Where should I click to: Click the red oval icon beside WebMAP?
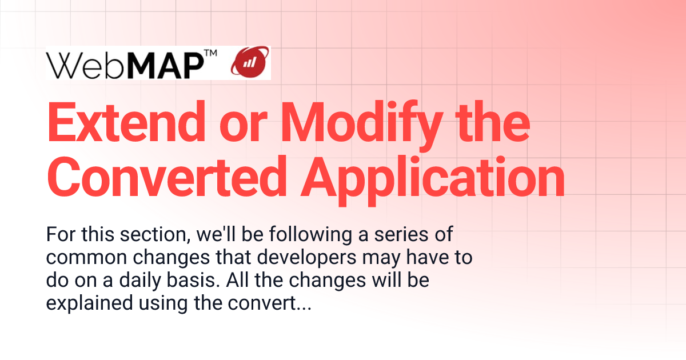[249, 63]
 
